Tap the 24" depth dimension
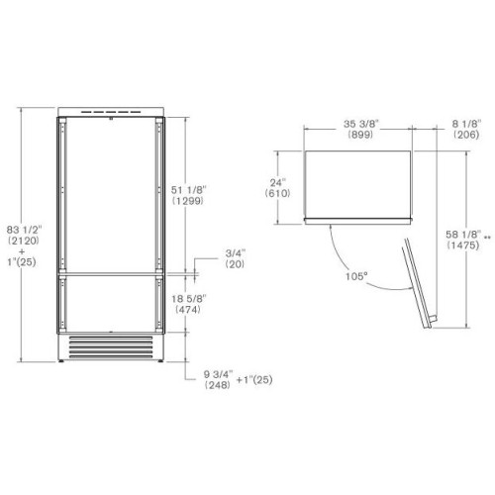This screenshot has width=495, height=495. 278,182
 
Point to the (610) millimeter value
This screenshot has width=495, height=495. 278,194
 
